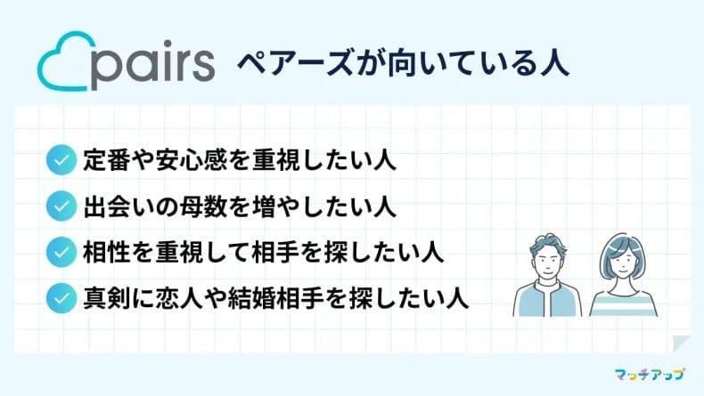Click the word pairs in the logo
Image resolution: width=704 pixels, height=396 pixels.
pos(152,64)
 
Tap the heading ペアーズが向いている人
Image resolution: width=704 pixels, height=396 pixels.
pos(403,64)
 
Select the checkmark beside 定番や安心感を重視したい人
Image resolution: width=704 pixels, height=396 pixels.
pos(61,160)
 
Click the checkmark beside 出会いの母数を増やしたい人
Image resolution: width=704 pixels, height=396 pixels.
pos(61,206)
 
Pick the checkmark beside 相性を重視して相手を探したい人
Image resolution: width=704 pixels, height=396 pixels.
pos(61,253)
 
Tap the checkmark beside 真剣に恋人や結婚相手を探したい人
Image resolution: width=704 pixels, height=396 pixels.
pos(61,298)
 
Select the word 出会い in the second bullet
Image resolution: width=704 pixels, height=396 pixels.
pos(119,206)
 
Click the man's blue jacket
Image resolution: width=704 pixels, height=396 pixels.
pos(547,300)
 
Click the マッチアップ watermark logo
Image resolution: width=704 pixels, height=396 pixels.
pos(650,374)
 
